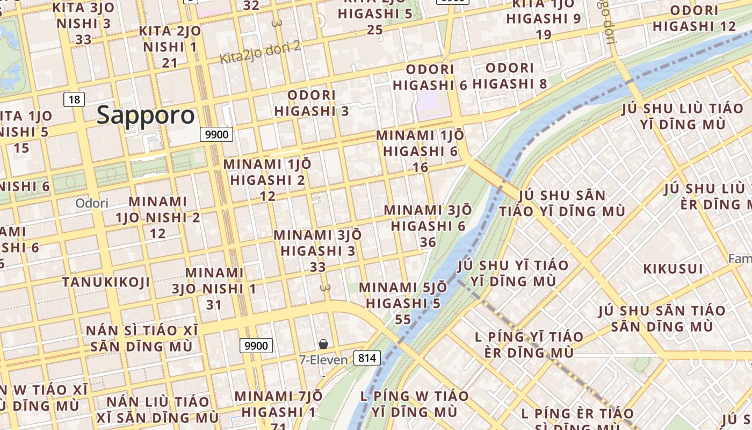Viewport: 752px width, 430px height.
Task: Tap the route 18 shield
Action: [74, 99]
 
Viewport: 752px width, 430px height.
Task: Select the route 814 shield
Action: [367, 358]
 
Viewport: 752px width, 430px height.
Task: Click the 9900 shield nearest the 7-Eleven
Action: [256, 346]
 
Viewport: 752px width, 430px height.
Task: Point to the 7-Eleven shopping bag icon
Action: [323, 344]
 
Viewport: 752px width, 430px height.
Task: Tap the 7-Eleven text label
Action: [323, 360]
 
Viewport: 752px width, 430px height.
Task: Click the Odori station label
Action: [91, 203]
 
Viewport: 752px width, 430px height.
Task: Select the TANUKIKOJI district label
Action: [106, 282]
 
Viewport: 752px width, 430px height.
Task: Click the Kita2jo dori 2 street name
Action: [261, 53]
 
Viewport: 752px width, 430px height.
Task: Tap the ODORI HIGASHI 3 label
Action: [312, 103]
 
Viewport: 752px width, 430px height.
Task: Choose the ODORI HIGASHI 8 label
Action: [510, 76]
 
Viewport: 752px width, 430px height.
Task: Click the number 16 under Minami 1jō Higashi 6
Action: [420, 168]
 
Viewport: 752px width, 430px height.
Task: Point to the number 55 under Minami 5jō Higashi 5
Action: [402, 320]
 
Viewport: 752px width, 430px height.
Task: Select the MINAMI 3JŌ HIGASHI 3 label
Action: [317, 243]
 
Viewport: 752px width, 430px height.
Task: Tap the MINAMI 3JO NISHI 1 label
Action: [214, 281]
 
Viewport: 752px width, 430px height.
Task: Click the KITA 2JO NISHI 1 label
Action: [170, 39]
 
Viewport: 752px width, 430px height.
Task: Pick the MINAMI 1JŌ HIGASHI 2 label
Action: [267, 172]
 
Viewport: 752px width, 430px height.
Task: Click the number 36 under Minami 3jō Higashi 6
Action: [428, 242]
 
